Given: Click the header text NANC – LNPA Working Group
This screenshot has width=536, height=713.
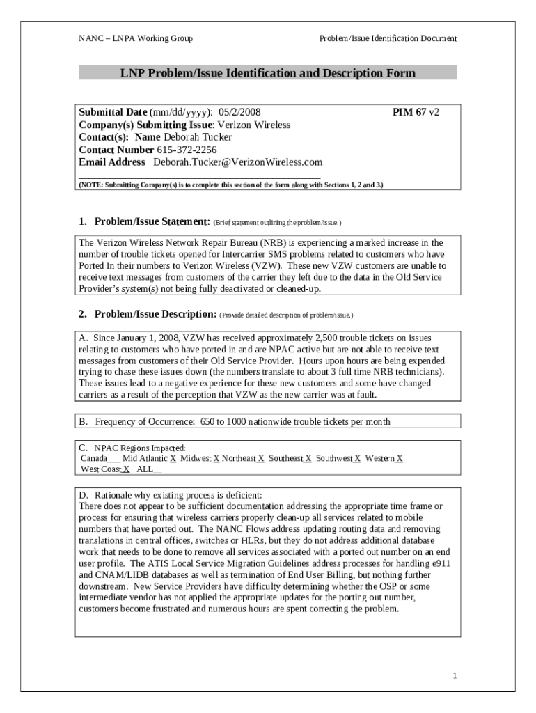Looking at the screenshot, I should pyautogui.click(x=135, y=38).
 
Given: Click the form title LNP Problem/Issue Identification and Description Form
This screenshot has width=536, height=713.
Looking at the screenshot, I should pyautogui.click(x=267, y=72).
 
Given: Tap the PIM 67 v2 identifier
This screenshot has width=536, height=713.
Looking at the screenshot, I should pyautogui.click(x=416, y=111).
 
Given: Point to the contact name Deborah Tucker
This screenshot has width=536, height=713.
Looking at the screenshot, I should pyautogui.click(x=198, y=137).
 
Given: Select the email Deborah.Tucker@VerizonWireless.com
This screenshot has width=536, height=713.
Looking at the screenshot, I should pyautogui.click(x=237, y=162).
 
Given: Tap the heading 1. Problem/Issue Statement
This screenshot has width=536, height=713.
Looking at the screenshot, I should pyautogui.click(x=144, y=221).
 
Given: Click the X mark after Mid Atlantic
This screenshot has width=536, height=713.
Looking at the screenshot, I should pyautogui.click(x=173, y=459).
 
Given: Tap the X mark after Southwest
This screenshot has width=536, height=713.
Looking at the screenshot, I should pyautogui.click(x=357, y=459).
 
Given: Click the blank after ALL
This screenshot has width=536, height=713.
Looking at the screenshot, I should pyautogui.click(x=157, y=470).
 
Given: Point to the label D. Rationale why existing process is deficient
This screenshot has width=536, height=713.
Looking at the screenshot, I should pyautogui.click(x=171, y=495).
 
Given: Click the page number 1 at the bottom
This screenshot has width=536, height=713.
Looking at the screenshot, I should pyautogui.click(x=454, y=675).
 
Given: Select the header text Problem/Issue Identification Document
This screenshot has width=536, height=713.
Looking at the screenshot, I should pyautogui.click(x=388, y=38).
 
